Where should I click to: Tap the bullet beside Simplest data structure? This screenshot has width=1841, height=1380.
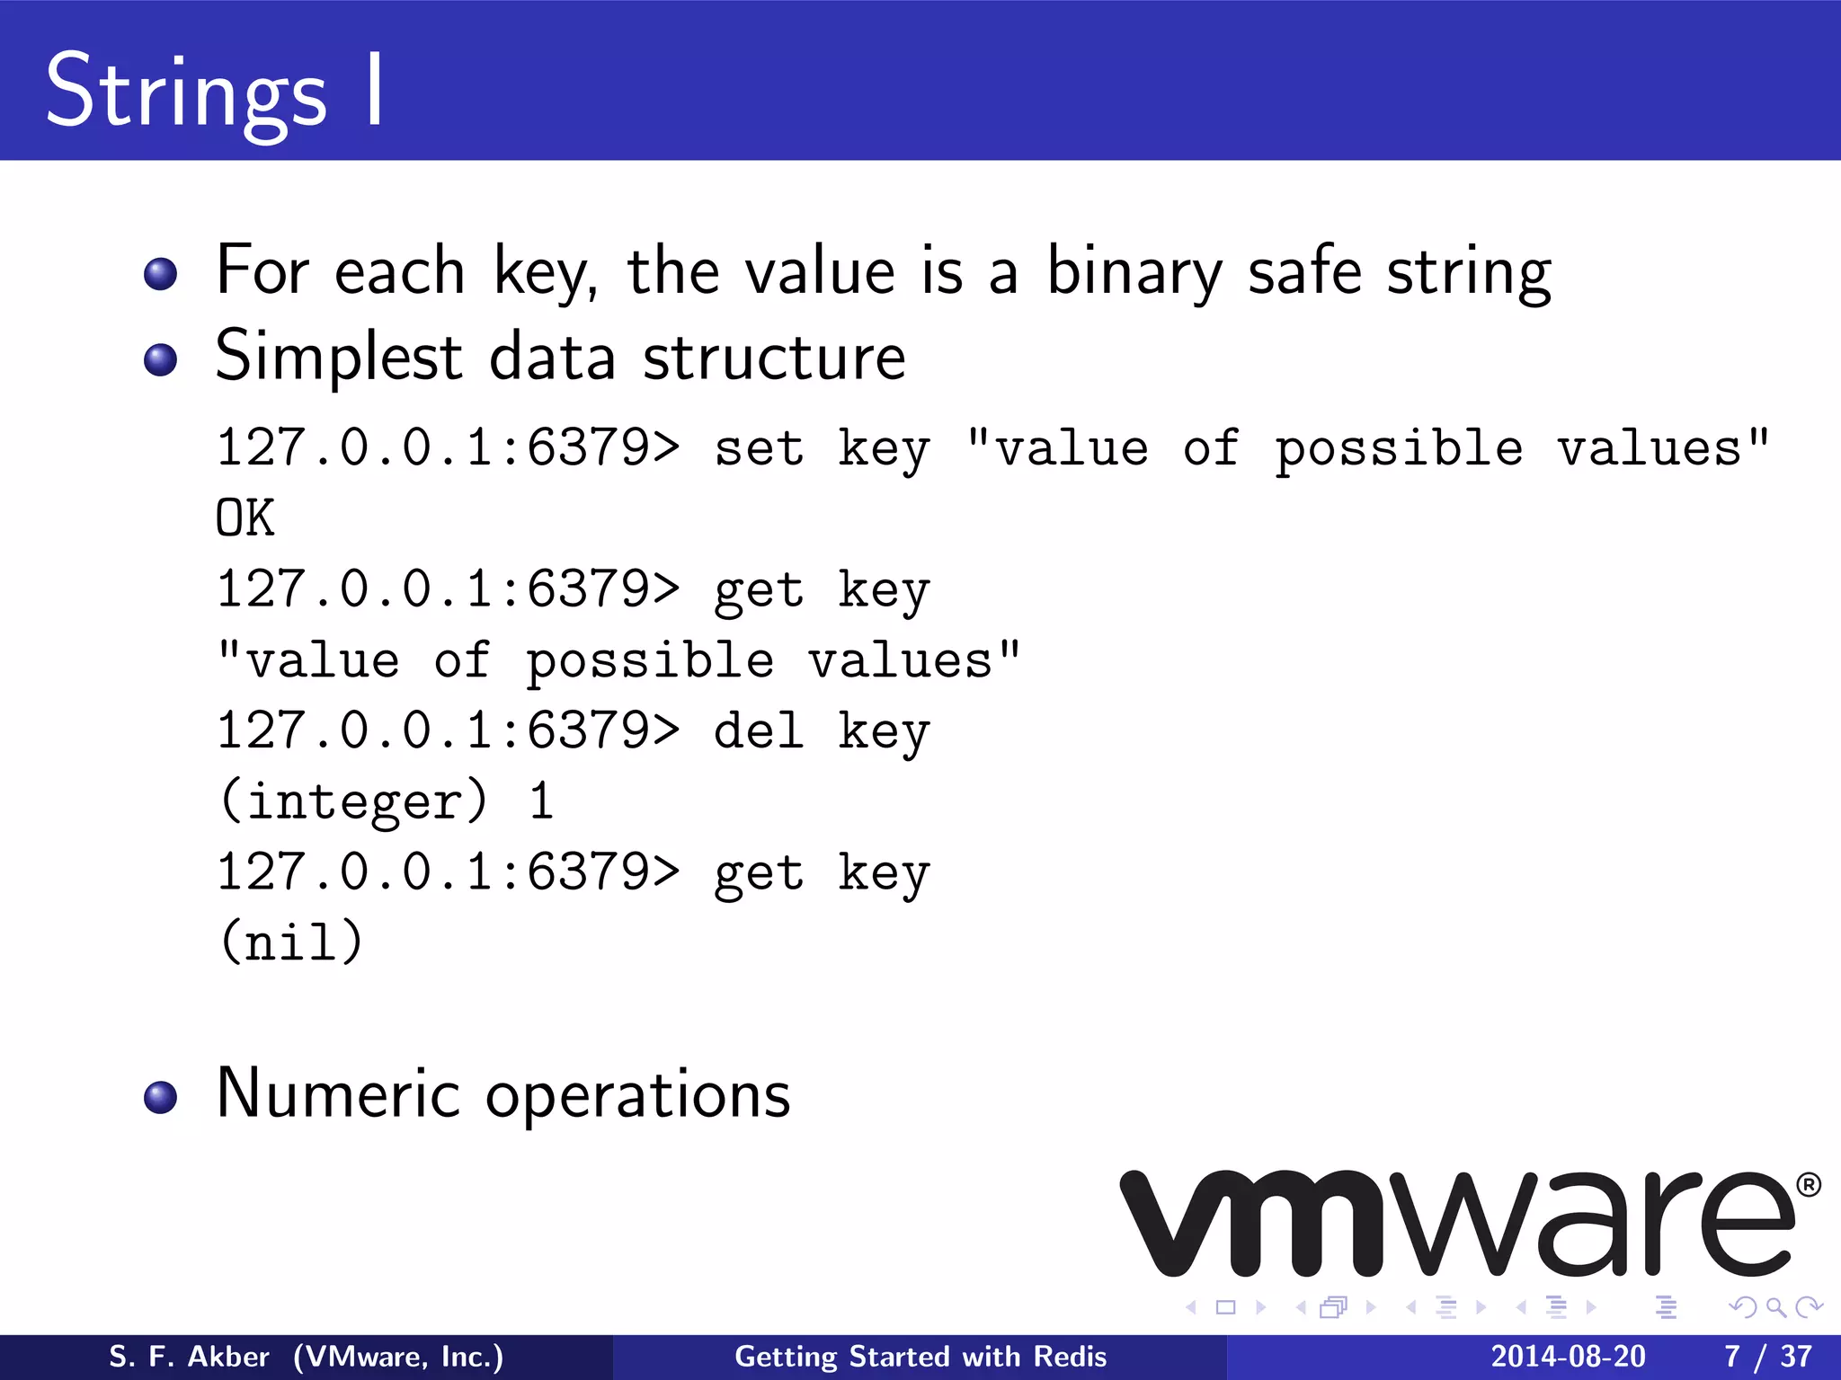click(161, 359)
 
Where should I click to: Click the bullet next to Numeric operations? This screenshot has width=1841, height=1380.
click(161, 1097)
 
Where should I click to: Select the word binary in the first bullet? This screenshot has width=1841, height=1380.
click(1134, 272)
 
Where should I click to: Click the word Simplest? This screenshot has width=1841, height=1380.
click(338, 358)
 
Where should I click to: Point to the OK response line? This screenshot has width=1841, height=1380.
click(245, 518)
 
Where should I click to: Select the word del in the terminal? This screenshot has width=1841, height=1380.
click(759, 730)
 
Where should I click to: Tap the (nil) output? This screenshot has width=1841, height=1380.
click(291, 942)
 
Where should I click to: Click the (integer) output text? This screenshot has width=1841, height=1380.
click(354, 801)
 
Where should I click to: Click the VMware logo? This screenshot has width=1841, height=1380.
click(1456, 1224)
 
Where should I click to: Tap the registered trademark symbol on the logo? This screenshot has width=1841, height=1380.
click(1809, 1185)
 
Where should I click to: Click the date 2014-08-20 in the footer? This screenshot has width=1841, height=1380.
click(1568, 1357)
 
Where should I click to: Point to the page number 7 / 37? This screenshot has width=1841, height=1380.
click(1767, 1357)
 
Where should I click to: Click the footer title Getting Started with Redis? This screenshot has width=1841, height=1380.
click(920, 1357)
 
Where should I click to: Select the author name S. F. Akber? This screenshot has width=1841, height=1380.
click(189, 1357)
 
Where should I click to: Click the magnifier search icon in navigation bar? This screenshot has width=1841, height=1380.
click(1775, 1307)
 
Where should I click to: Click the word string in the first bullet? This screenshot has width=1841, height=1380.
click(1469, 273)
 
